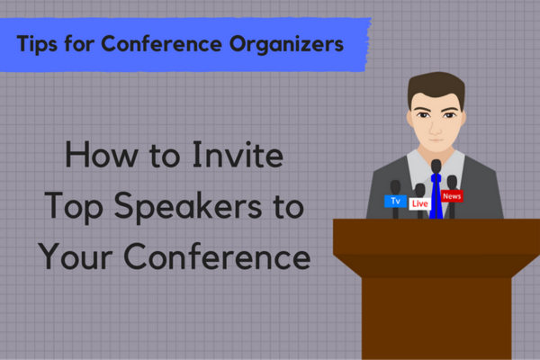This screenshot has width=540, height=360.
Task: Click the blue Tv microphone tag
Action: coord(394,201)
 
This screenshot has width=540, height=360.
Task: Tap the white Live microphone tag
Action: coord(419,204)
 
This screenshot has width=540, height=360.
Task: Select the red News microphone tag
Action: coord(452,195)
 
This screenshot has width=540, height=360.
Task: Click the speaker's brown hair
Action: coord(436,85)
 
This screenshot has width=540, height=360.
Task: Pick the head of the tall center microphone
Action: coord(436,166)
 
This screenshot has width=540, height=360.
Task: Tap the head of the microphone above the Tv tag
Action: coord(394,185)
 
